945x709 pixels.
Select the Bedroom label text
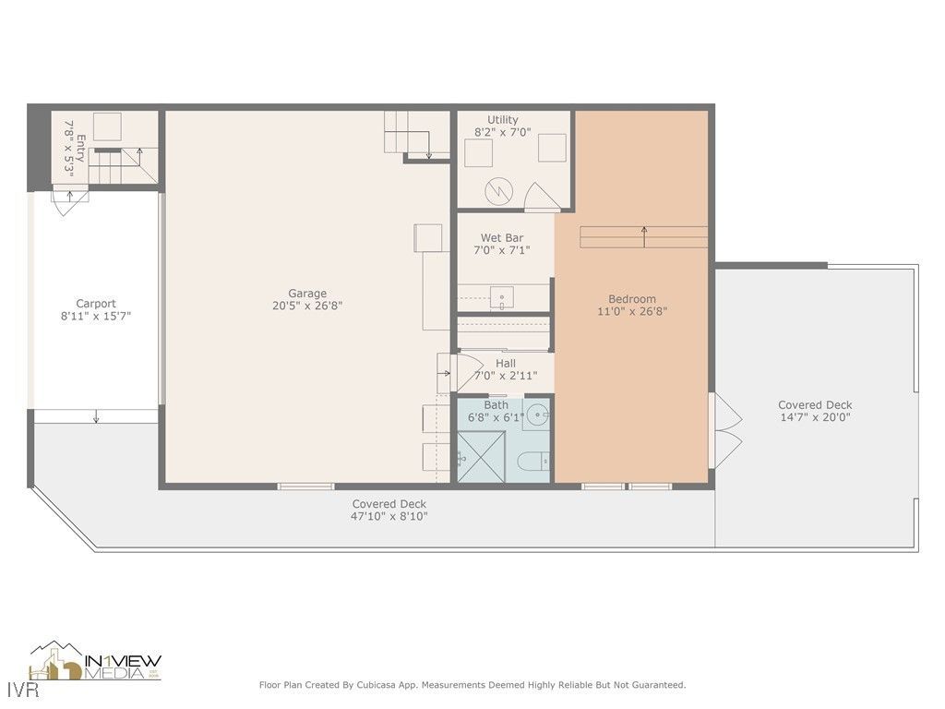coord(632,298)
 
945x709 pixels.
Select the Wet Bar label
coord(501,238)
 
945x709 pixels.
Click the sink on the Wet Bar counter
coord(503,297)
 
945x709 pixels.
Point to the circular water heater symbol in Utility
coord(498,191)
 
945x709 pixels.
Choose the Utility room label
coord(503,119)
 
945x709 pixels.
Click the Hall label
coord(505,363)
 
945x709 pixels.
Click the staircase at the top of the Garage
coord(408,135)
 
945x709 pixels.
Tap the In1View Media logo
coord(96,662)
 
